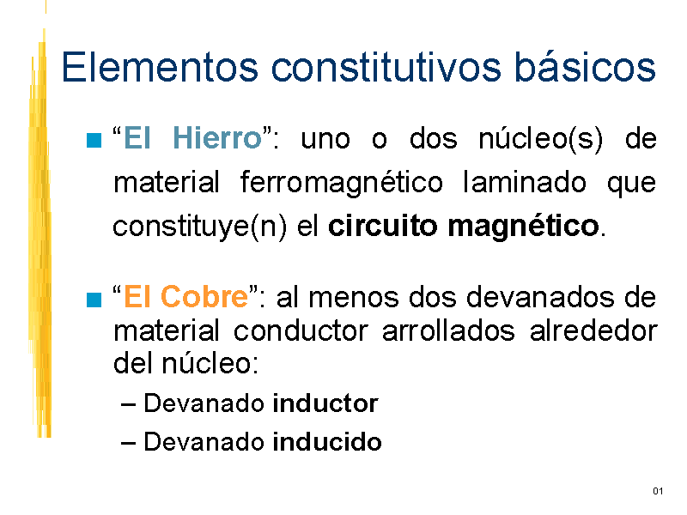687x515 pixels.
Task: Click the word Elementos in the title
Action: coord(160,67)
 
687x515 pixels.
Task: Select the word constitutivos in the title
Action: coord(386,67)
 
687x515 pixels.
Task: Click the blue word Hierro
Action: coord(217,138)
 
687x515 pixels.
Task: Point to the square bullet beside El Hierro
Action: coord(94,140)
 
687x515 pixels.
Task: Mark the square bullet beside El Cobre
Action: coord(94,300)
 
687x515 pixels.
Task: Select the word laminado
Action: coord(525,182)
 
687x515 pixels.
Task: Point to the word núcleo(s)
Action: coord(541,139)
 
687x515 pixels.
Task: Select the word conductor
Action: coord(301,330)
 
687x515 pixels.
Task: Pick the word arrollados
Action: coord(448,330)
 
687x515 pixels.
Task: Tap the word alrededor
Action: coord(593,330)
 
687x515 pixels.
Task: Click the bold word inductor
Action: coord(325,403)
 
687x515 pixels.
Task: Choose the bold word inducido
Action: coord(327,441)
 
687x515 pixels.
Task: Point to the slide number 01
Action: coord(658,491)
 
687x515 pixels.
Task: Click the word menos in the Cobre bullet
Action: coord(354,297)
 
